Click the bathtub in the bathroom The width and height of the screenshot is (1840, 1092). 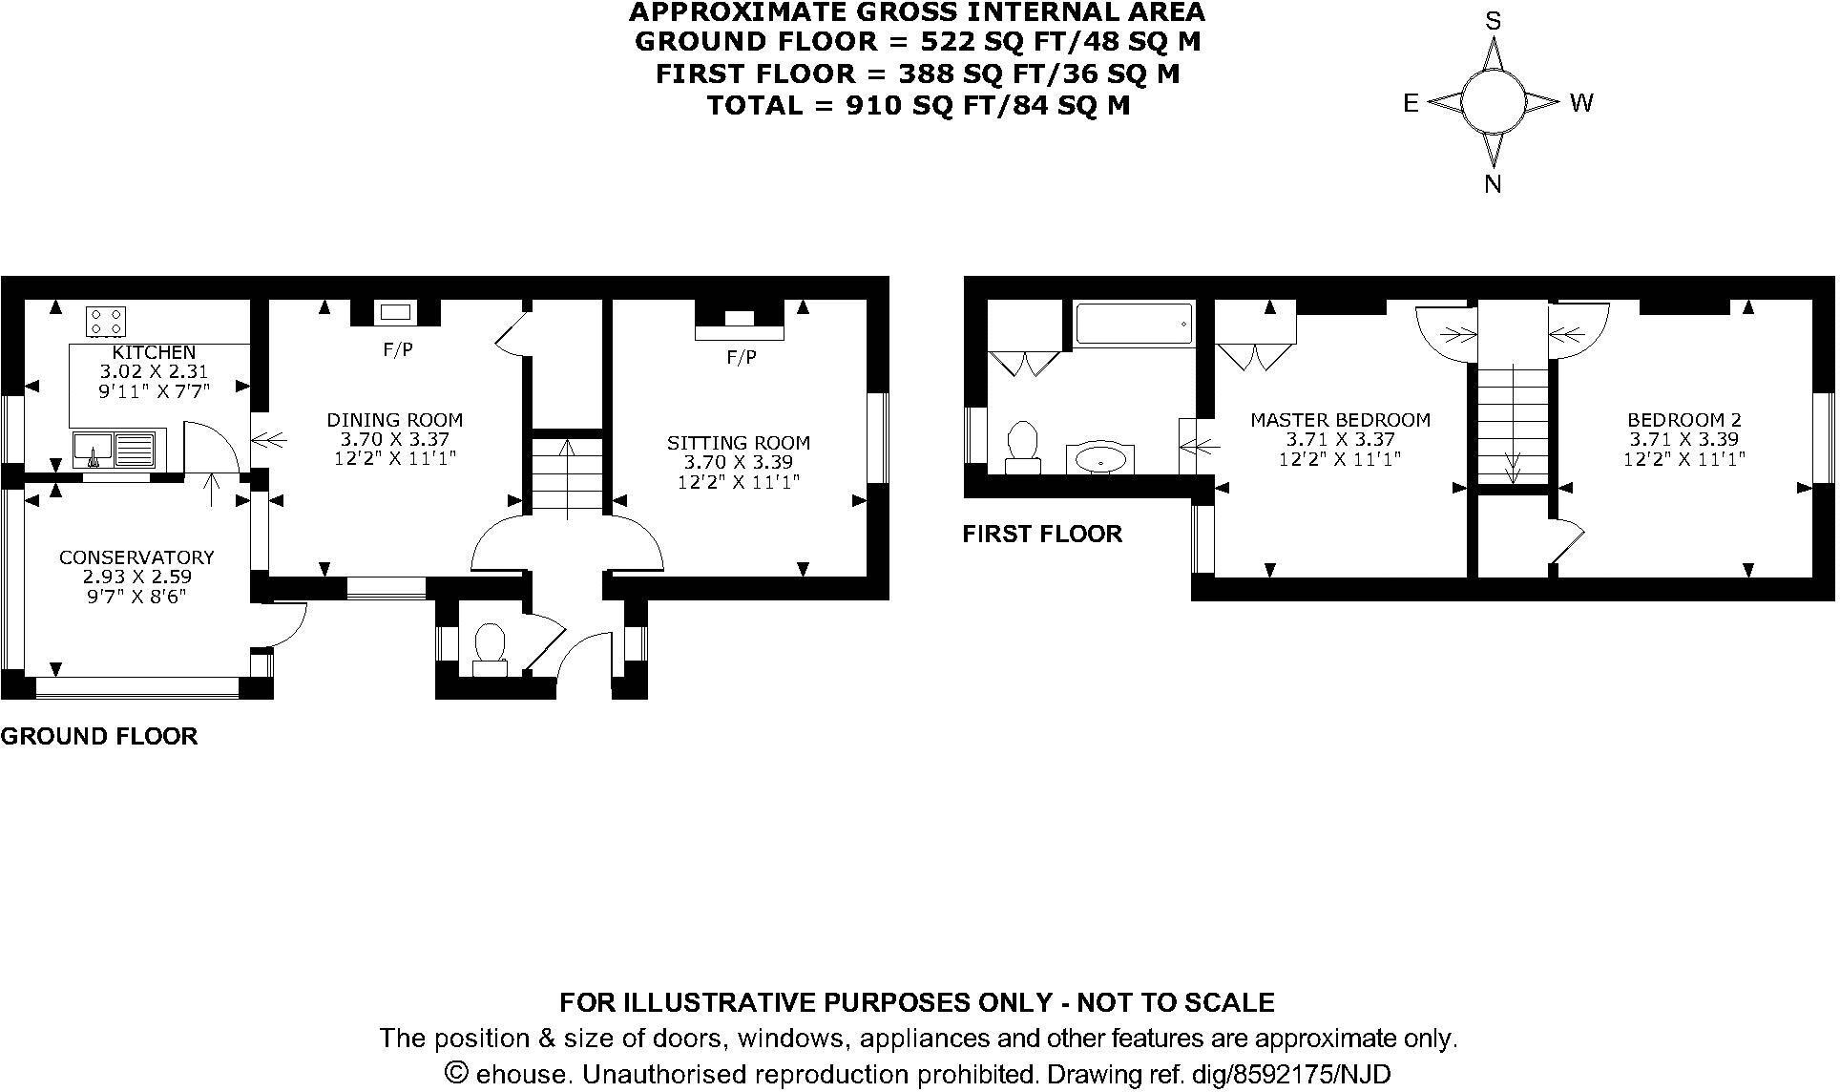point(1134,325)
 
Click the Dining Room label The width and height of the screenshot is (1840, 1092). point(394,420)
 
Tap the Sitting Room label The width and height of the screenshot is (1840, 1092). point(738,443)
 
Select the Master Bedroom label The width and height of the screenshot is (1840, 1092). point(1340,420)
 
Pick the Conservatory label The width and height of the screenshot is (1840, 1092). point(136,557)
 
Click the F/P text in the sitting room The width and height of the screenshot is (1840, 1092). point(742,358)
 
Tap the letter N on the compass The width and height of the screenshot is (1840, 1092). point(1493,185)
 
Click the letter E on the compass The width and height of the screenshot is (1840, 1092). point(1411,104)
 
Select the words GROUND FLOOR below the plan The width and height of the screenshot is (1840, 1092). point(99,736)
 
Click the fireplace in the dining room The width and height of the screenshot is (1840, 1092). point(396,312)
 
